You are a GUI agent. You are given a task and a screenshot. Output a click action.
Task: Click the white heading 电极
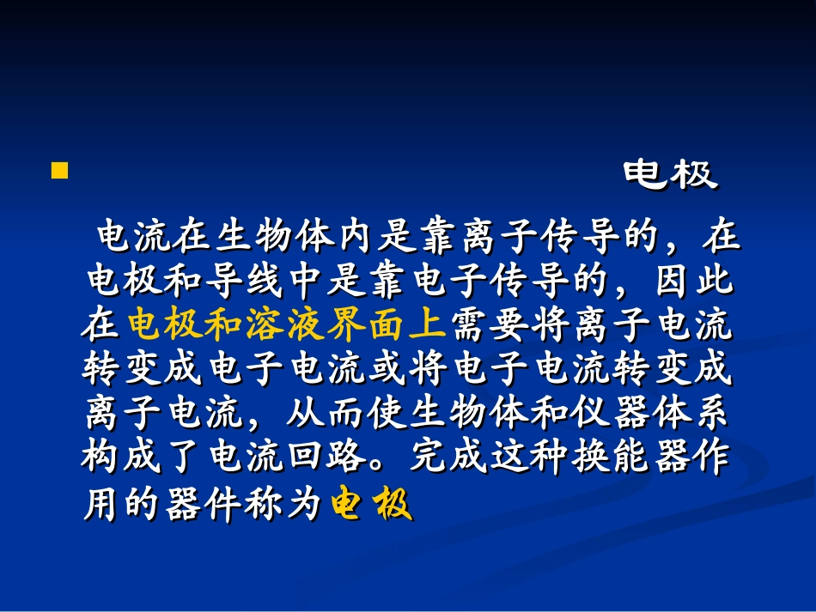(670, 175)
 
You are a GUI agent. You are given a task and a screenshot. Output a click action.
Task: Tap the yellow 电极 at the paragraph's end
(372, 506)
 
